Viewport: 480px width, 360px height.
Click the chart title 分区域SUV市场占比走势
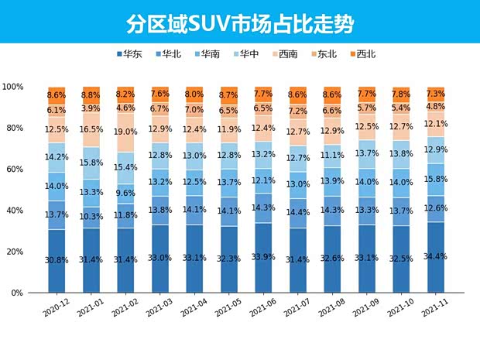(240, 23)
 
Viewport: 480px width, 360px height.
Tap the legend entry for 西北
(362, 54)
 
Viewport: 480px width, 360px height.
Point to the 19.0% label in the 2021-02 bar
(126, 132)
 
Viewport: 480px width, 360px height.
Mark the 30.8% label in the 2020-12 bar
(57, 260)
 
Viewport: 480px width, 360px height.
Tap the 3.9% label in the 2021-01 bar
(91, 108)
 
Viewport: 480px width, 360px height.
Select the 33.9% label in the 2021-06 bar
(263, 258)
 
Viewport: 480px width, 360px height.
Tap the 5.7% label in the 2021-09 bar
(367, 108)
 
